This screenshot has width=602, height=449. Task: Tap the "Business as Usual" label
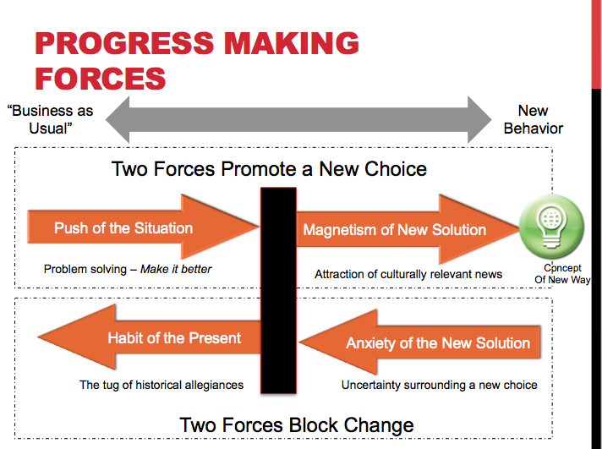pos(50,119)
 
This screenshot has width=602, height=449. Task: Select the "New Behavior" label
pos(533,119)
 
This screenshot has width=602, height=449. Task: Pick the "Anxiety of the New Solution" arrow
pos(423,342)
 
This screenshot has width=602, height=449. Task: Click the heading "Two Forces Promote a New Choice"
pos(269,168)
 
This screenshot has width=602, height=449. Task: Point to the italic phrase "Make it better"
pos(176,269)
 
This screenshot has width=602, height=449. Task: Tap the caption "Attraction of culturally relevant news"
pos(408,274)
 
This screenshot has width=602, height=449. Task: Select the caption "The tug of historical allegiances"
pos(161,385)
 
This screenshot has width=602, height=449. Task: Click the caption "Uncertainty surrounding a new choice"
pos(440,385)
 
